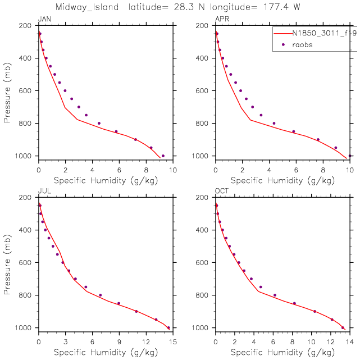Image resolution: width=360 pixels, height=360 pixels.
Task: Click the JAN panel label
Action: point(44,19)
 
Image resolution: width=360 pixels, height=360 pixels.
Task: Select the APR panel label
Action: point(222,19)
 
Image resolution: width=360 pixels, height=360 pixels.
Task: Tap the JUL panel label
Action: point(43,191)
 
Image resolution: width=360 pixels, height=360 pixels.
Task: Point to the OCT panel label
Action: point(222,191)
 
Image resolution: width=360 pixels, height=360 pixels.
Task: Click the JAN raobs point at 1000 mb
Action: point(163,156)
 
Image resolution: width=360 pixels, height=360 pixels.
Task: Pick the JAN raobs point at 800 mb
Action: point(99,123)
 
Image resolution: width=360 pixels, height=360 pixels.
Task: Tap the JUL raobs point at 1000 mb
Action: point(168,327)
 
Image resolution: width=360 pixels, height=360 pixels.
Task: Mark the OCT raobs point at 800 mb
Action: point(275,295)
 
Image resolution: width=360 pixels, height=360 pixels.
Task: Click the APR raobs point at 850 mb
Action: point(293,131)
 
